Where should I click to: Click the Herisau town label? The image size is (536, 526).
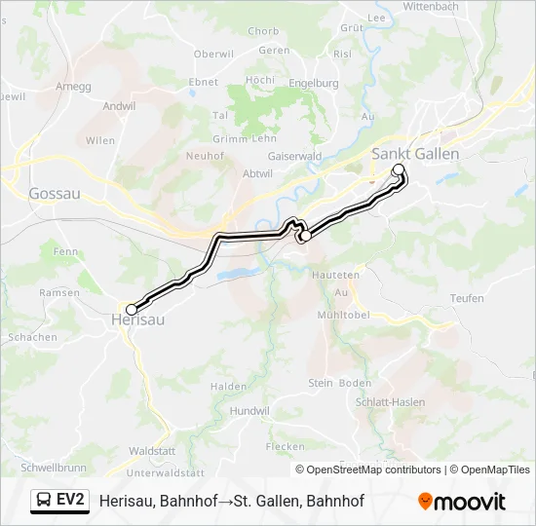[x=137, y=319]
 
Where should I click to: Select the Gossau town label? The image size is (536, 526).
[x=55, y=193]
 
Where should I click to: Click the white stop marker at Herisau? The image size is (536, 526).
[x=132, y=310]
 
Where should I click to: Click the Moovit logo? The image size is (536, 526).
[x=462, y=502]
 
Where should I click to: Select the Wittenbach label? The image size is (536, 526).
[x=430, y=6]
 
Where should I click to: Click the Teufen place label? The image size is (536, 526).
[x=467, y=298]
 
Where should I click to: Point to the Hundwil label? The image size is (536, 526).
[x=250, y=411]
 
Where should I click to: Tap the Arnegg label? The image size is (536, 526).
[x=74, y=86]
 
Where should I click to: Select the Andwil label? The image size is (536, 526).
[x=119, y=105]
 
